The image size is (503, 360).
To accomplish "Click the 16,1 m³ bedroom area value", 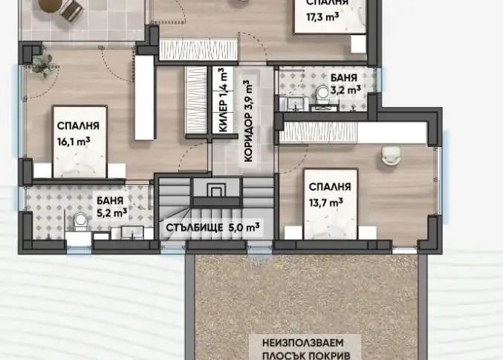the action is coord(74,141).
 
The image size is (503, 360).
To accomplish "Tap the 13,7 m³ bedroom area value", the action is coord(326,203).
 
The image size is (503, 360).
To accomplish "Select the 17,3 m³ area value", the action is coord(322,16).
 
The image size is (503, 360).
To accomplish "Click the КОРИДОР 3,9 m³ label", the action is coord(249,121).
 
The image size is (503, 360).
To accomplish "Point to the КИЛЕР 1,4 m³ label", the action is coord(224,99).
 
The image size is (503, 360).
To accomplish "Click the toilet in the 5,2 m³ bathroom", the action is coord(80,221).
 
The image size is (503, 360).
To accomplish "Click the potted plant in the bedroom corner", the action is coord(42,65).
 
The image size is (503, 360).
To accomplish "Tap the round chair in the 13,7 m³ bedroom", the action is coord(391,156).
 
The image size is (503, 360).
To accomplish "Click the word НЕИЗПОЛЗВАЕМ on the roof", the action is coord(303,343).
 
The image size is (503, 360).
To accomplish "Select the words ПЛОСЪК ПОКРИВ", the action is coord(306,356).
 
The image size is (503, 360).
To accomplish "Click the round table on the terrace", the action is coord(49,4).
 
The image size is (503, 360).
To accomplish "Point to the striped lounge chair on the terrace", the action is coord(71,9).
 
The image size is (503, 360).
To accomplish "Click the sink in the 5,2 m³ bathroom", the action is coord(132,233).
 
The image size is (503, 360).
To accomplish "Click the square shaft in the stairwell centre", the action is coord(216,190).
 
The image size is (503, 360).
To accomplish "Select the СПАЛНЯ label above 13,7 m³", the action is coord(330,186).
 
